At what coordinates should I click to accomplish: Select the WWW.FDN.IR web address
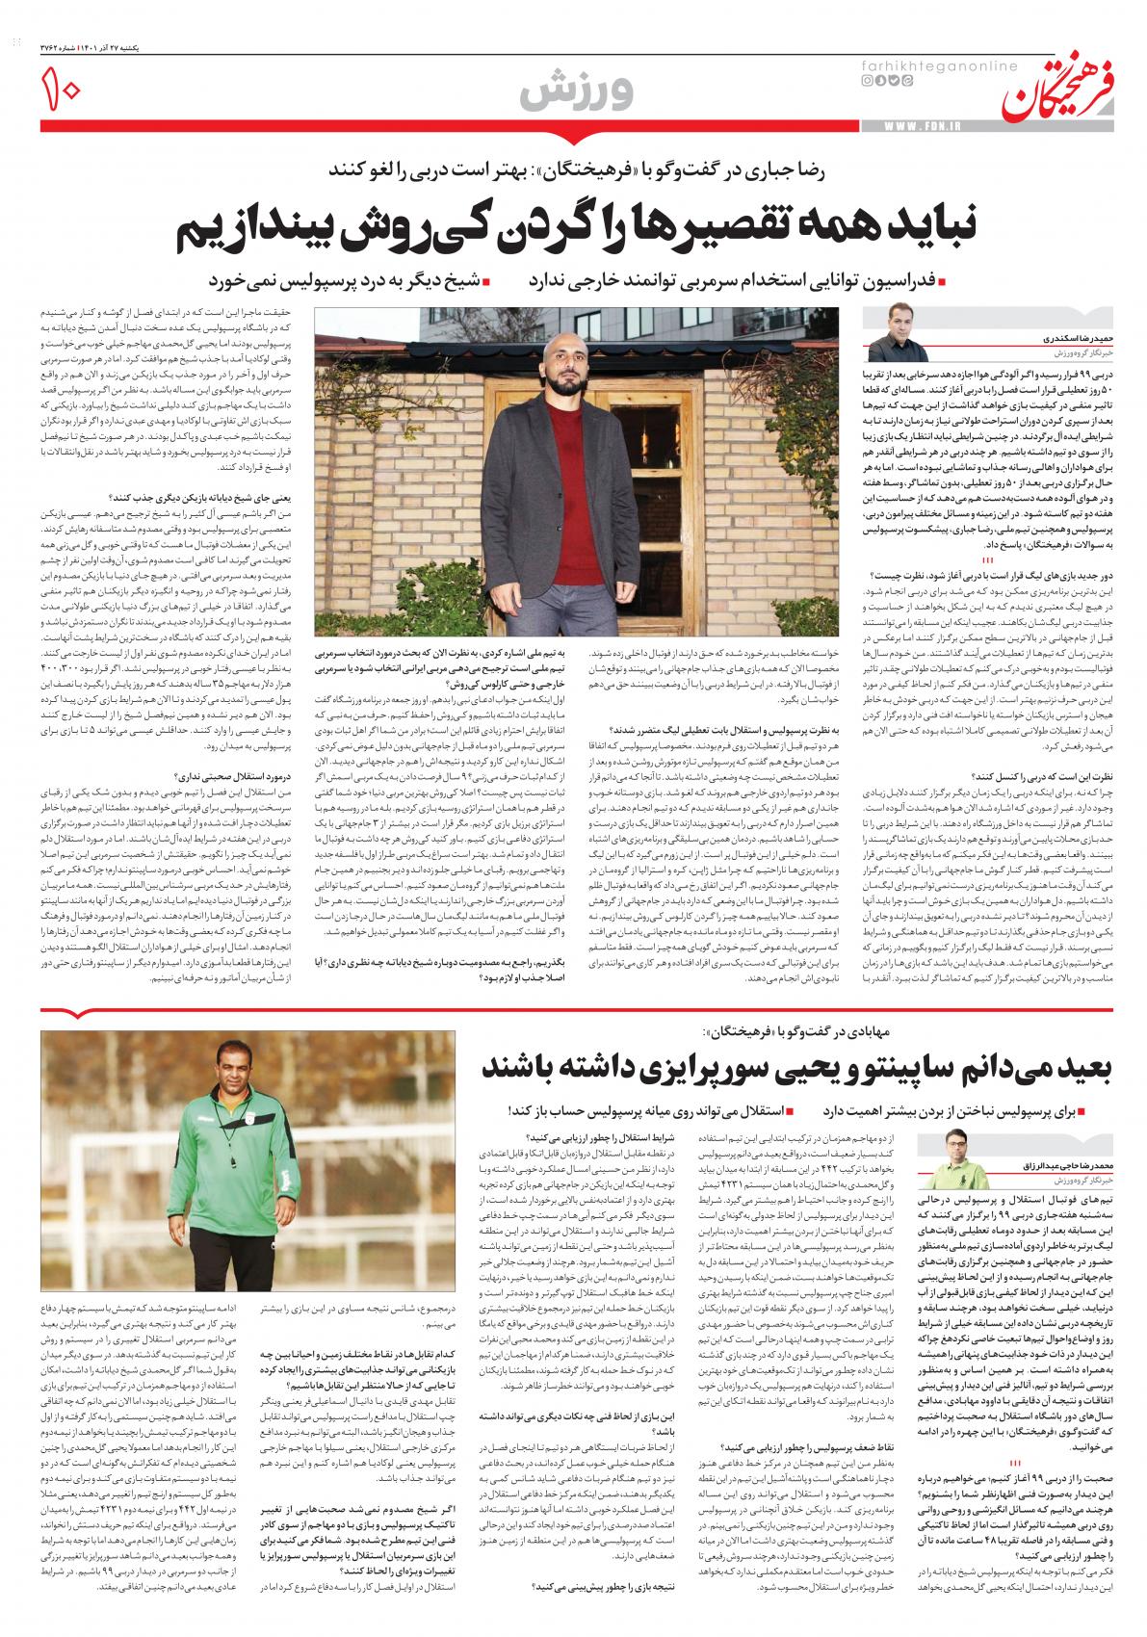click(929, 127)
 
